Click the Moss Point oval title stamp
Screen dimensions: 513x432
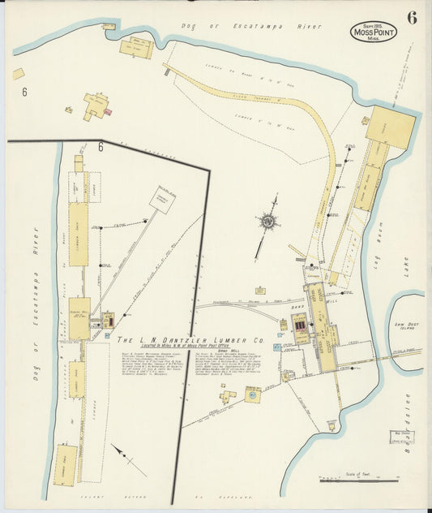(x=373, y=32)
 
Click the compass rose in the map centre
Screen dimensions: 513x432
(x=267, y=220)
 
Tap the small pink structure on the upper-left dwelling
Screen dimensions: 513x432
(x=108, y=111)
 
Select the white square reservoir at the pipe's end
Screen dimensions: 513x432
(x=161, y=200)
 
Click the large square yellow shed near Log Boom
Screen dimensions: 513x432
(x=391, y=126)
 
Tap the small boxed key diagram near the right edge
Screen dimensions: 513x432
(x=403, y=422)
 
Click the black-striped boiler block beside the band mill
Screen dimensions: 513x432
(x=302, y=327)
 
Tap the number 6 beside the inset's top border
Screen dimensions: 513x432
(x=101, y=147)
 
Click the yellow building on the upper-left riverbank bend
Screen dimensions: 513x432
(x=135, y=48)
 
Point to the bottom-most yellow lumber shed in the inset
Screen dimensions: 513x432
(x=66, y=465)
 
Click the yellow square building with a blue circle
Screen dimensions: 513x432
(x=253, y=394)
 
